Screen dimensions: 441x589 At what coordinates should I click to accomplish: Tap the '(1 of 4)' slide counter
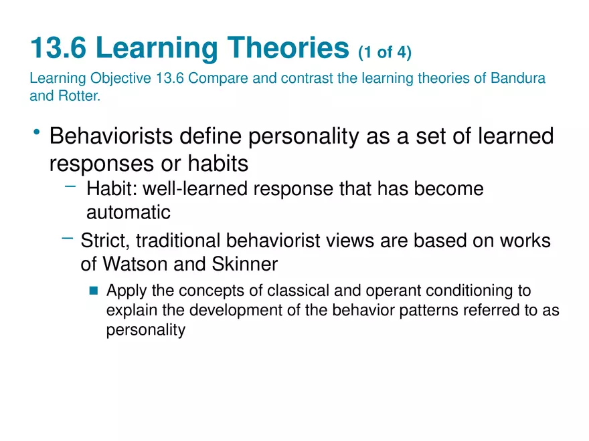pos(385,51)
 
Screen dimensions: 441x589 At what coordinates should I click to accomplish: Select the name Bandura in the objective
pos(518,78)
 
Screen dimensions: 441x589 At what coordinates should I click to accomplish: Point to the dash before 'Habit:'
pos(70,188)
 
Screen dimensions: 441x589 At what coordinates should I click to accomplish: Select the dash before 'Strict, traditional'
pos(66,239)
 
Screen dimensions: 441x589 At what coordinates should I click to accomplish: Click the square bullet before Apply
pos(93,291)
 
